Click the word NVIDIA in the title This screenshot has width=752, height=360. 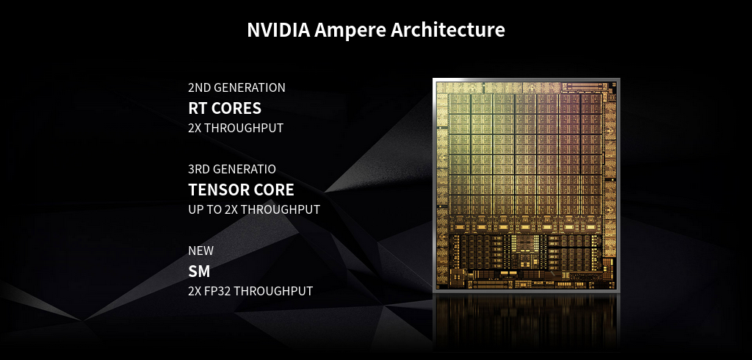(278, 30)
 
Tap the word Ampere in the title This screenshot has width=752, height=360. (350, 31)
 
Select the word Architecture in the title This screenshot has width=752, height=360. (448, 30)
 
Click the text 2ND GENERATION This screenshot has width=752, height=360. (237, 88)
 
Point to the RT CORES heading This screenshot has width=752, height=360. (225, 109)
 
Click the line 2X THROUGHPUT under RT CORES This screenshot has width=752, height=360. (236, 129)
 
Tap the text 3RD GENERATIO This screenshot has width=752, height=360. (232, 170)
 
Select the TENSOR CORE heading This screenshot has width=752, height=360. (241, 190)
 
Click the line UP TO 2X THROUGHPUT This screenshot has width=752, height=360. (254, 210)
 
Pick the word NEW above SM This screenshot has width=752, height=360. (201, 251)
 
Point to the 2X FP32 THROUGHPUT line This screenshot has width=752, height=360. (250, 292)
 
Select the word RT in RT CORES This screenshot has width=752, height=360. (197, 109)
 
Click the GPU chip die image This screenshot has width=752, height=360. (526, 185)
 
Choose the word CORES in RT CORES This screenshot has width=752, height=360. (236, 109)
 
